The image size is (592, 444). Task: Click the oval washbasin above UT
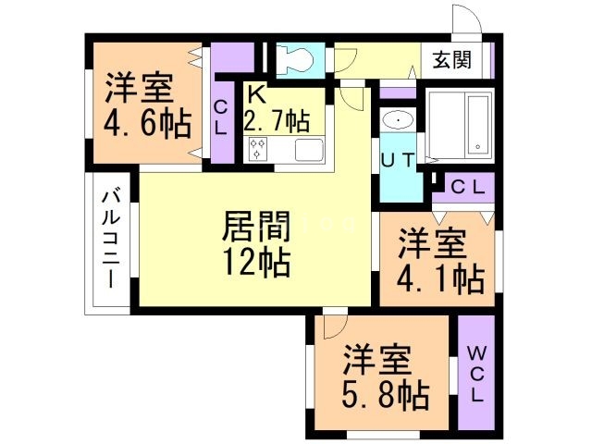399,120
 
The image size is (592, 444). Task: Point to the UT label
399,158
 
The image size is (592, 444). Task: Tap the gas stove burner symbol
258,148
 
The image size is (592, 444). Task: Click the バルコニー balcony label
110,239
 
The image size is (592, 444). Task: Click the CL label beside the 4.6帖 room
220,117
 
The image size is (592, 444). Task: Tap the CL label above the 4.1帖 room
468,185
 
